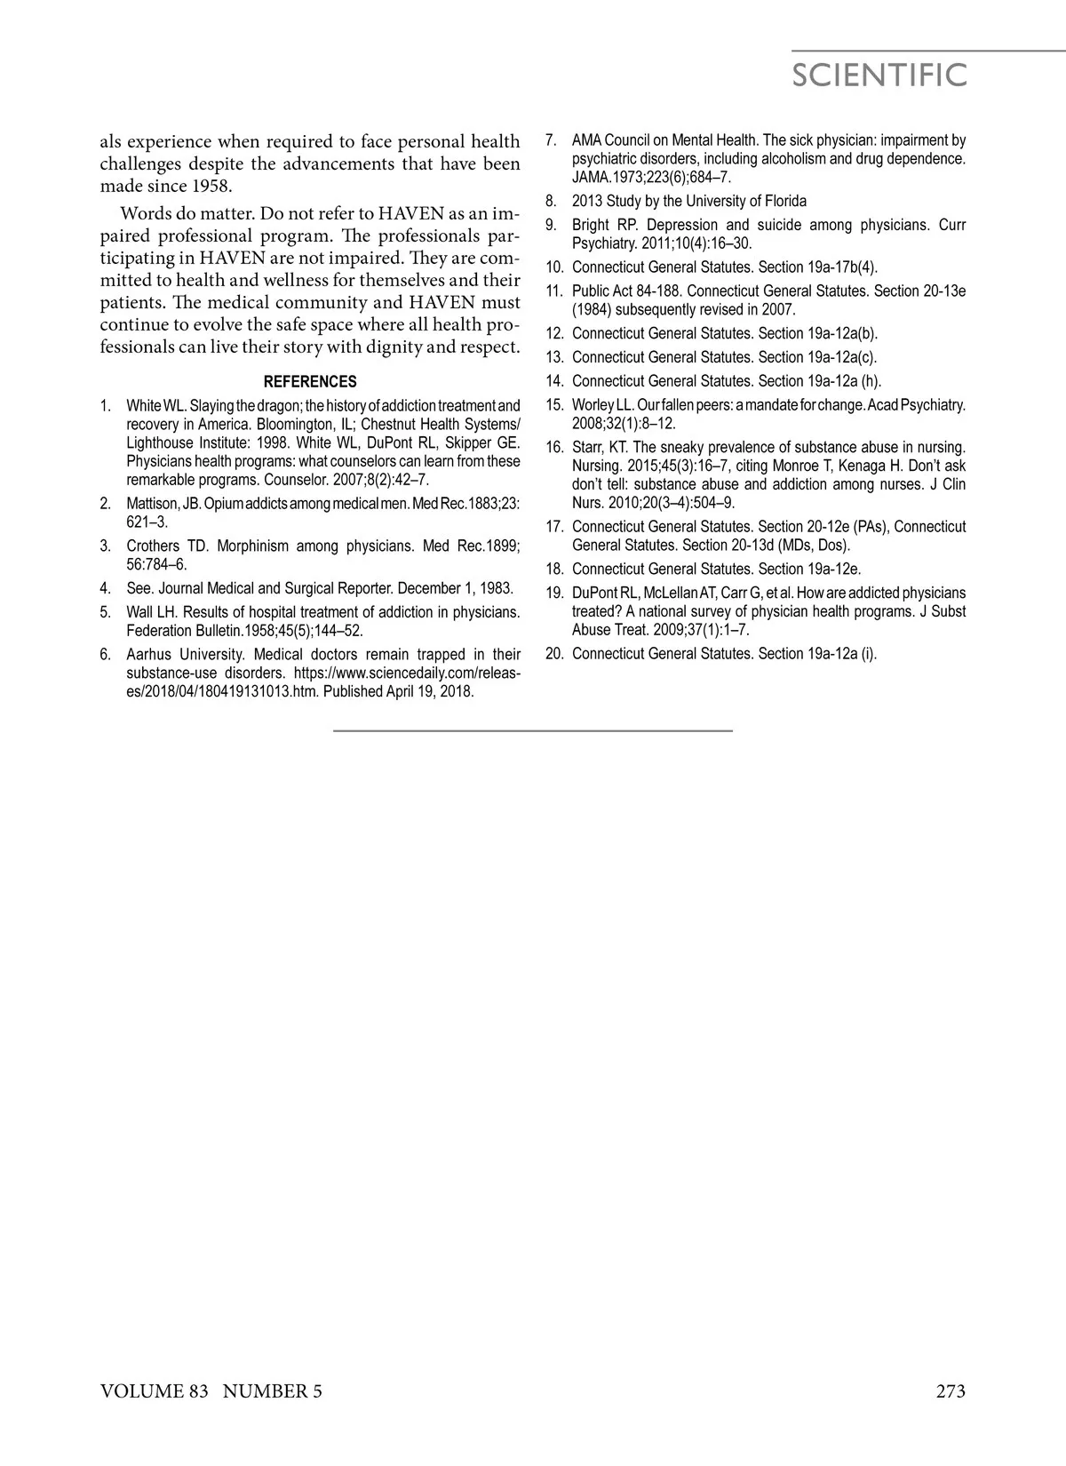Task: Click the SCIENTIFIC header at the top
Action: (879, 76)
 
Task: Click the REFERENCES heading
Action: (310, 382)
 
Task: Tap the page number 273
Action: (950, 1391)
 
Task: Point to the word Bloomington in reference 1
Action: (294, 424)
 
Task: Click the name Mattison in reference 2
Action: (152, 504)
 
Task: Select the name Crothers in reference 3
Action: (154, 546)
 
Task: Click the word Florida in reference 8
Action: (782, 201)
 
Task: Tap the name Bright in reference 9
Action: (589, 225)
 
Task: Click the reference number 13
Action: (554, 357)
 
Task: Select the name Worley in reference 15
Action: (593, 405)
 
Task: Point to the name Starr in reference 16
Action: (588, 447)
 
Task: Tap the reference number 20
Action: (554, 654)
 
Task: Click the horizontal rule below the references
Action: (533, 730)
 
